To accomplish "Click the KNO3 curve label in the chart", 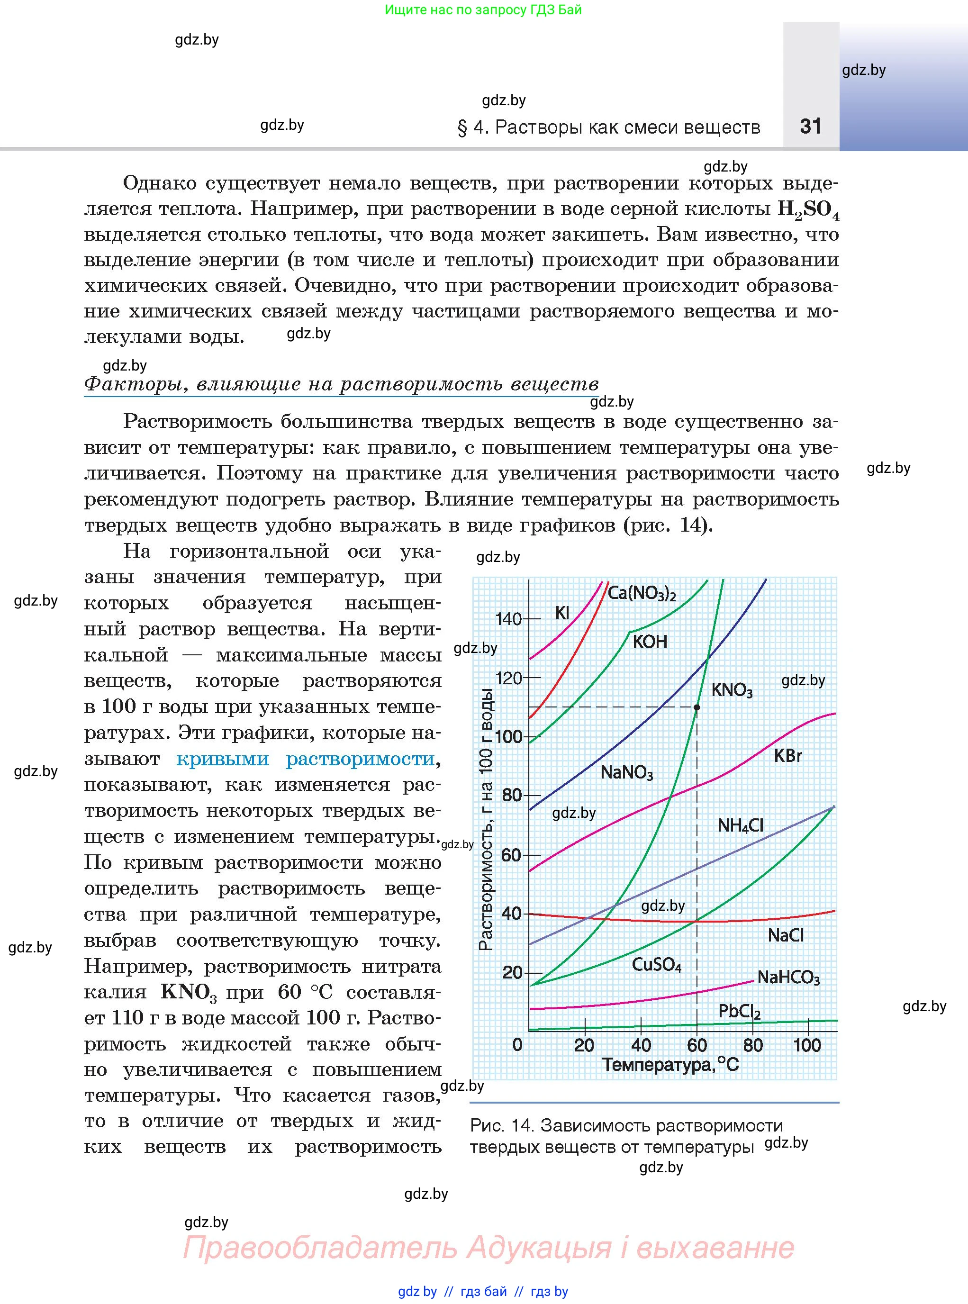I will (731, 690).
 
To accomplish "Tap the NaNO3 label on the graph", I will (626, 772).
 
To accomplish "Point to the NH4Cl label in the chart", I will (740, 825).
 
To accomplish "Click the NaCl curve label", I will (785, 935).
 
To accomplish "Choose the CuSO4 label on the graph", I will (656, 964).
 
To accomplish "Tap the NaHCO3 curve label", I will (788, 978).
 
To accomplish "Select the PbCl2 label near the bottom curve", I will (739, 1011).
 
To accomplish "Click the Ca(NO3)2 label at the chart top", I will (642, 593).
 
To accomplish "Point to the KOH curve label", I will (650, 642).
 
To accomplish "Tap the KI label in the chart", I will (562, 613).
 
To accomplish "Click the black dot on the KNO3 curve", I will (697, 707).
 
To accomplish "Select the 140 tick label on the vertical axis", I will (507, 619).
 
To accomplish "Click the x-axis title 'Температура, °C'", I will (670, 1064).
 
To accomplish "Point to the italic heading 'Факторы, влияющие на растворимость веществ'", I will (341, 384).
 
